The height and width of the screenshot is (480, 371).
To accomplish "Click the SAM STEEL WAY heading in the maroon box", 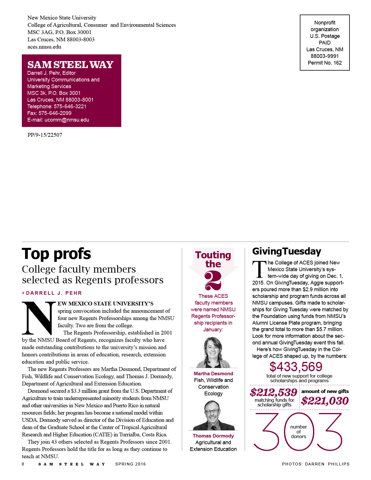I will tap(70, 65).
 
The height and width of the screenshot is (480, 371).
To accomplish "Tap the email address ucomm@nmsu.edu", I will tap(67, 120).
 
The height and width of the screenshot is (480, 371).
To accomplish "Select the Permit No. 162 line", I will tap(325, 63).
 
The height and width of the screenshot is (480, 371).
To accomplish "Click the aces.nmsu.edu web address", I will tap(44, 47).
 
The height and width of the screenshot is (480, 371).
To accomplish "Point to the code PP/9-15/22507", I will tap(45, 135).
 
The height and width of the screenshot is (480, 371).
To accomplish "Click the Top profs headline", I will tap(56, 254).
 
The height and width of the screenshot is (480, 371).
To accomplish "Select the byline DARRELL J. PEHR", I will tap(54, 293).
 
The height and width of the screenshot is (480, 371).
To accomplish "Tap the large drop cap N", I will tap(39, 318).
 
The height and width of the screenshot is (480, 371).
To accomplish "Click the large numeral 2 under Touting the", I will tap(213, 280).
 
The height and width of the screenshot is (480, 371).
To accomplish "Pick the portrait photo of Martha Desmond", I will tap(213, 352).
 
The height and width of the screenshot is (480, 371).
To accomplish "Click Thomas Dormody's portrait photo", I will tap(213, 415).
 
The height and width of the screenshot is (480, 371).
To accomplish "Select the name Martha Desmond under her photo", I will tap(213, 374).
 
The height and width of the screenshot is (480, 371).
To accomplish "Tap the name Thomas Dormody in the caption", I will tap(213, 436).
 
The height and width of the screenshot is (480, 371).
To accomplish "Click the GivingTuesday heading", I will tap(287, 251).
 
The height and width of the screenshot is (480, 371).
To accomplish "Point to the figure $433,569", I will tap(296, 367).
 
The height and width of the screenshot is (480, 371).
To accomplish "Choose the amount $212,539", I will tap(274, 392).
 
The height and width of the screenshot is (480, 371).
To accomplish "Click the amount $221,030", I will tap(325, 401).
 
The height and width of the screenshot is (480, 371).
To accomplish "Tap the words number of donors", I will tap(299, 432).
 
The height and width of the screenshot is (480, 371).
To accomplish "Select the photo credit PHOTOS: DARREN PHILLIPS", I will tap(316, 464).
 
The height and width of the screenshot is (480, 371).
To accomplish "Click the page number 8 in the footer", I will tap(23, 464).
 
